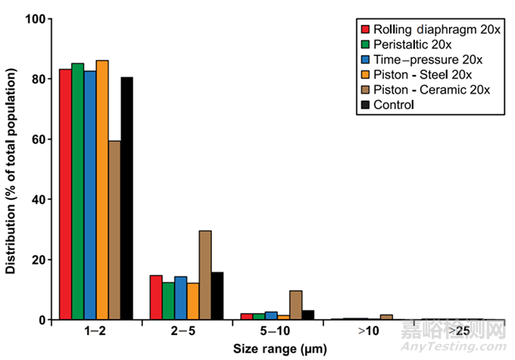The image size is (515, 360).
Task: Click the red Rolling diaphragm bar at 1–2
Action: click(66, 194)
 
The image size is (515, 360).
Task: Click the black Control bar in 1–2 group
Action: click(127, 198)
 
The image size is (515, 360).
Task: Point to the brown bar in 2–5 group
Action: click(205, 275)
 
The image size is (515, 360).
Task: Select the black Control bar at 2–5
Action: click(217, 296)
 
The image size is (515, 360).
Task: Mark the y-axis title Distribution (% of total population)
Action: click(11, 168)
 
